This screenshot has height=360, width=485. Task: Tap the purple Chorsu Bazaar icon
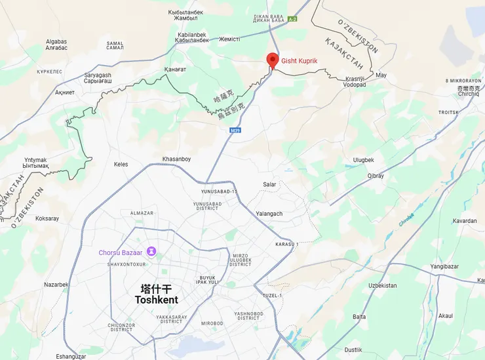click(151, 252)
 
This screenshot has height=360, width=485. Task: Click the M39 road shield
click(235, 131)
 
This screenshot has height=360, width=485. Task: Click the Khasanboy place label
click(176, 159)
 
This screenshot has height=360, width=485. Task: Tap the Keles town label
click(121, 164)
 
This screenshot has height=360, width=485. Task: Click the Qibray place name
click(376, 176)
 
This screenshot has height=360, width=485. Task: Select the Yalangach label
click(269, 214)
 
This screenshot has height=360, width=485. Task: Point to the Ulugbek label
click(363, 160)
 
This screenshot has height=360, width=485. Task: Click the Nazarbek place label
click(56, 285)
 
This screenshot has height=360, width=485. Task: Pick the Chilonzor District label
click(121, 327)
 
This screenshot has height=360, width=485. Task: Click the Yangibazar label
click(444, 267)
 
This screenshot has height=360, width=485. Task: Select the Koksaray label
click(47, 218)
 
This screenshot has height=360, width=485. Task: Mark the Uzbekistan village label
click(382, 285)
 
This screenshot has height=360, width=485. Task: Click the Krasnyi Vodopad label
click(355, 82)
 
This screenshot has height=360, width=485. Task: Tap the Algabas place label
click(56, 45)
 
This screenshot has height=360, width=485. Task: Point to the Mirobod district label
click(212, 323)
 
